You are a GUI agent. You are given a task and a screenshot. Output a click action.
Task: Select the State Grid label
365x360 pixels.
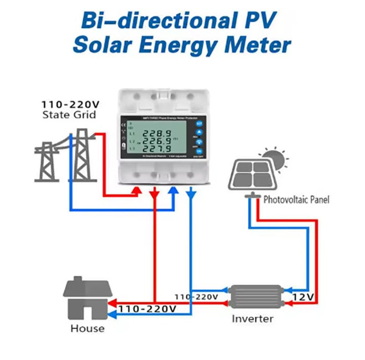click(69, 114)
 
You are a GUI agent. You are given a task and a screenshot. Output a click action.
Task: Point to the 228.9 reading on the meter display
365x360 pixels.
click(157, 133)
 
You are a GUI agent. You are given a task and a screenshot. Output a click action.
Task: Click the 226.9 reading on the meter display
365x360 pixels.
click(157, 141)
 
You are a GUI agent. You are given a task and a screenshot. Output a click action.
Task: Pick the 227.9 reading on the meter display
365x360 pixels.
click(157, 150)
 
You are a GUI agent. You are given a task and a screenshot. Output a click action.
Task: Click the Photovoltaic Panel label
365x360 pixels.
click(296, 200)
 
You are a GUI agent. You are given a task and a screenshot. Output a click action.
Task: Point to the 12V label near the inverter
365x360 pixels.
click(303, 296)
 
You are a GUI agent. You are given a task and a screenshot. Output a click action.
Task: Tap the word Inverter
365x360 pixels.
click(252, 318)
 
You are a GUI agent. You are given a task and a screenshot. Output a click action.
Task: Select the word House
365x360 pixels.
click(88, 329)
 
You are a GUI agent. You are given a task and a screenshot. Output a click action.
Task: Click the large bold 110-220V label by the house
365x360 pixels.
click(147, 309)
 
